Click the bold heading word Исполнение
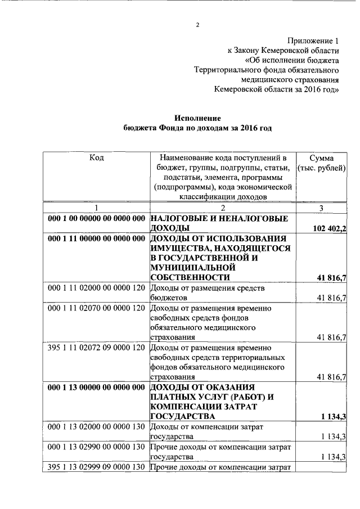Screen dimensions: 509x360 197,119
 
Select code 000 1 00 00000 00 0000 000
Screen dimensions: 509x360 97,218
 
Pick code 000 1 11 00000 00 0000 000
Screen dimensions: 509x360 97,238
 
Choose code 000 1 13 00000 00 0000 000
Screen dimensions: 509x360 97,388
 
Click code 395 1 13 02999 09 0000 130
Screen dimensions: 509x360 97,468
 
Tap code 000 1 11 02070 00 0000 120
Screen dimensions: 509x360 97,308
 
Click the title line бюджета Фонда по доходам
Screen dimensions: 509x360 197,129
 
